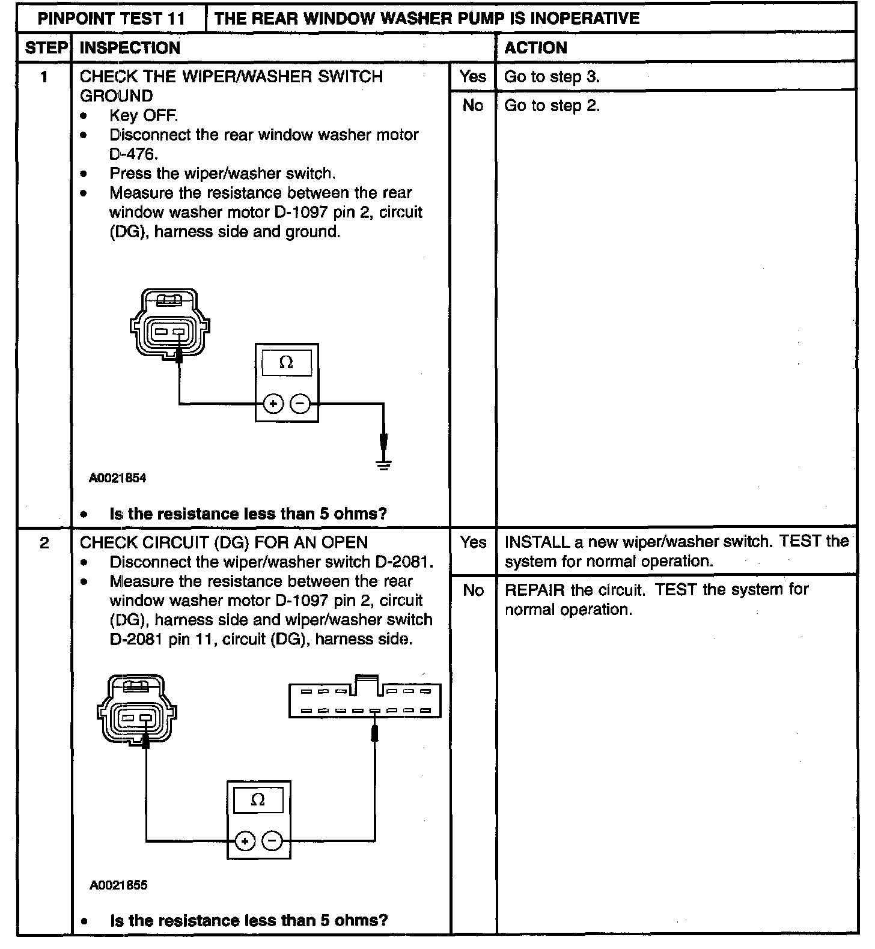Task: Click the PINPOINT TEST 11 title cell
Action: click(111, 18)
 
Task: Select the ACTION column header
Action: click(535, 48)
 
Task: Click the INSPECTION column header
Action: click(130, 48)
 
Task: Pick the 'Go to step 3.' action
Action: click(552, 77)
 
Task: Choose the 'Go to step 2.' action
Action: click(552, 106)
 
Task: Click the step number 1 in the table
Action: click(44, 77)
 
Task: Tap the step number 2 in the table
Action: click(44, 543)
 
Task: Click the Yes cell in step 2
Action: click(473, 543)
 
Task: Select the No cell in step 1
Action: click(473, 106)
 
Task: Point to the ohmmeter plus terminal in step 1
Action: click(273, 404)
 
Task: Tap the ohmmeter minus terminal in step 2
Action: click(272, 841)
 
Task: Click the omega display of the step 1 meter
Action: click(287, 363)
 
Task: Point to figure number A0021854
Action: click(118, 479)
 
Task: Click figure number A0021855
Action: click(118, 885)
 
